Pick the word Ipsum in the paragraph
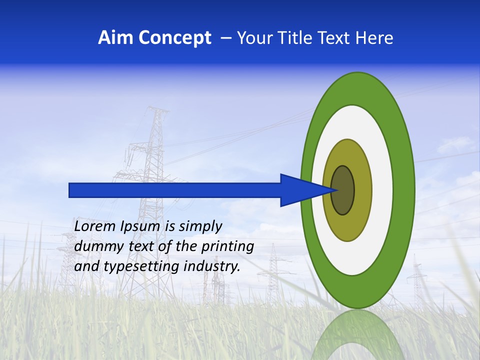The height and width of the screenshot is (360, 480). pyautogui.click(x=139, y=226)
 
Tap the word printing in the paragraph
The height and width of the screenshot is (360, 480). pyautogui.click(x=227, y=246)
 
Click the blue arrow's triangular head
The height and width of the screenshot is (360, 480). pyautogui.click(x=300, y=190)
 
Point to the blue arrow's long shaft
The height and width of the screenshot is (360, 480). pyautogui.click(x=175, y=190)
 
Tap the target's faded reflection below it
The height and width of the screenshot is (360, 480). pyautogui.click(x=357, y=335)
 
